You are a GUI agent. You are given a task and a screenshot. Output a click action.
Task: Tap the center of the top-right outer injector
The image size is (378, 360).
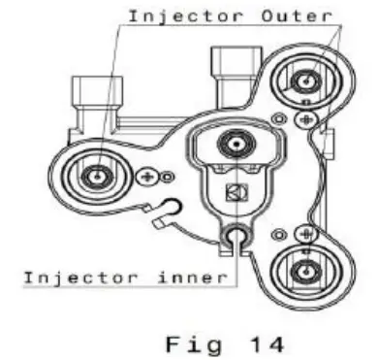(307, 82)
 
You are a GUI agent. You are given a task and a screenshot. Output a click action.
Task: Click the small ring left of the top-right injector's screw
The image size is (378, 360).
(280, 119)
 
